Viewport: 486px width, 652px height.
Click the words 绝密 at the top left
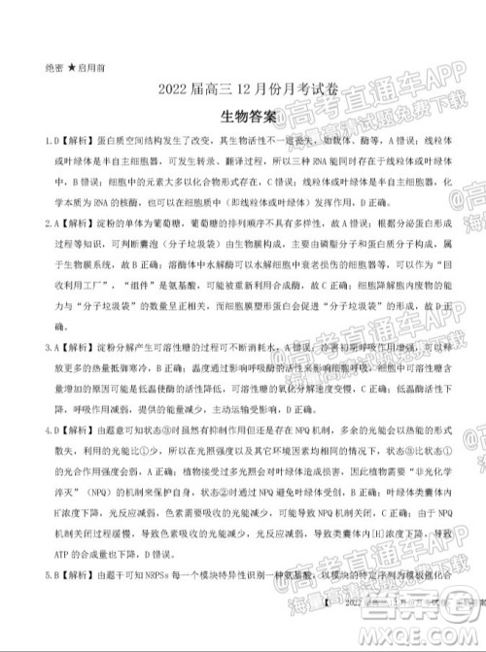54,69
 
